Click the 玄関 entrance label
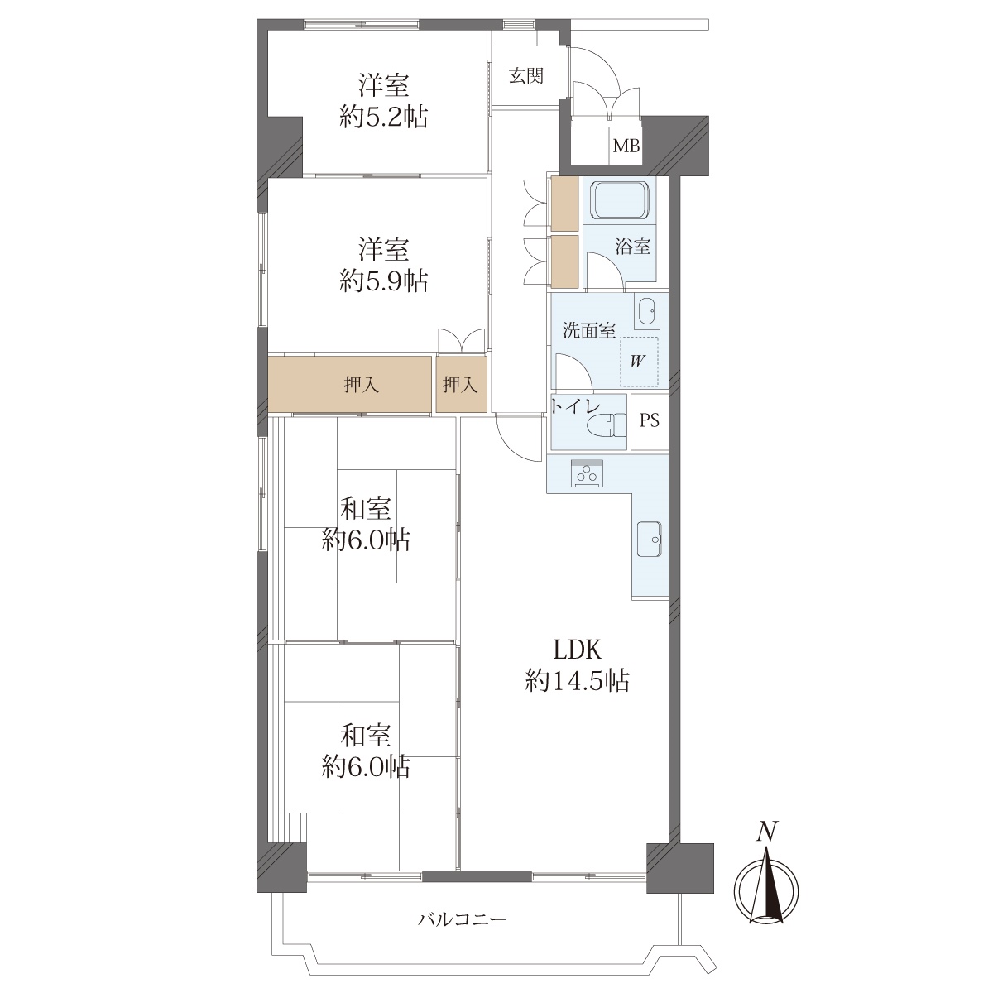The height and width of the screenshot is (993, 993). [525, 76]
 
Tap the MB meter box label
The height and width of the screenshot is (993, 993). [626, 146]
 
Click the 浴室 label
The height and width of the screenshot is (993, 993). [633, 247]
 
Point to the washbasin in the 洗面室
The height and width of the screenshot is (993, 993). [647, 311]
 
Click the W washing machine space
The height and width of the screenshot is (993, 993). [639, 362]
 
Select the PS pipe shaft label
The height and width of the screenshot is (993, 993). [650, 420]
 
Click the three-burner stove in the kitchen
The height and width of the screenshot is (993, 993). [587, 473]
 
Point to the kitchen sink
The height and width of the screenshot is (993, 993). [650, 539]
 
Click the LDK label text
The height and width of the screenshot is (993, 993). [577, 650]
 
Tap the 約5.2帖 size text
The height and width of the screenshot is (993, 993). [384, 118]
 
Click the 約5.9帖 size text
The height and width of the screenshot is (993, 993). [384, 281]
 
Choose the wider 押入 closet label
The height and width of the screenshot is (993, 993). [362, 385]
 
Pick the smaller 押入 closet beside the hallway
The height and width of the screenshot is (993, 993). [461, 385]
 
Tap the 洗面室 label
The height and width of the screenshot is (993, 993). [589, 330]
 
